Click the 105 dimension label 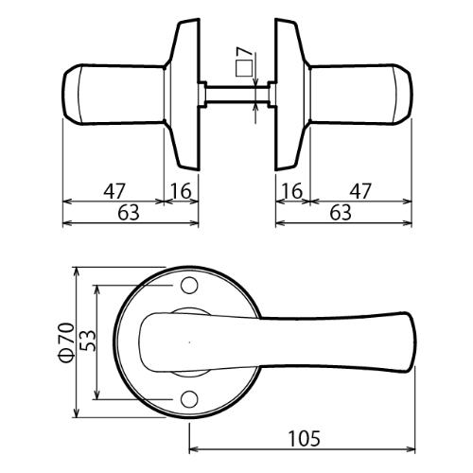coord(305,438)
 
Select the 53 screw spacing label coord(87,341)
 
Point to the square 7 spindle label coord(244,61)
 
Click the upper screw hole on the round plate coord(189,285)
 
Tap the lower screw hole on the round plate coord(189,399)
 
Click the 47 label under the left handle coord(114,191)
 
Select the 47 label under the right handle coord(360,191)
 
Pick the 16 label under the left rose coord(181,191)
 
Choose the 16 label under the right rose coord(292,191)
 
